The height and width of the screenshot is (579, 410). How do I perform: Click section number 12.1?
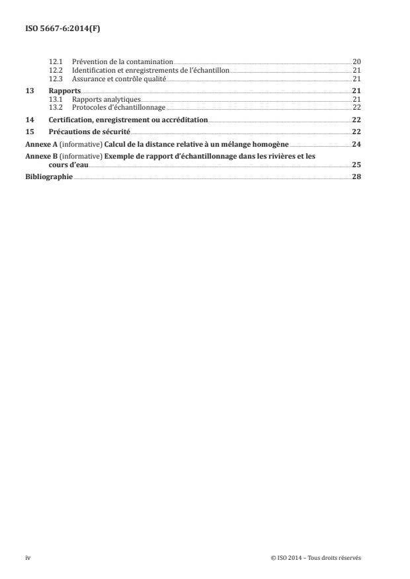click(56, 61)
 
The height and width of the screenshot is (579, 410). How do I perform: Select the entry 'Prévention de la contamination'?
click(122, 61)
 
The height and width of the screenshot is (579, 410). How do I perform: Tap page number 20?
click(356, 61)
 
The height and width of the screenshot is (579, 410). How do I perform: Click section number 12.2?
click(56, 70)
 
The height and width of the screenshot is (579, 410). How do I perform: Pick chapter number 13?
click(29, 91)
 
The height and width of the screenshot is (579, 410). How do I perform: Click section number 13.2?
click(56, 107)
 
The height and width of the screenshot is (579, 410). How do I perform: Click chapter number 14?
click(29, 120)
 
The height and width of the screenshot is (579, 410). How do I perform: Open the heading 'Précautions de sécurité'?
click(91, 132)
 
